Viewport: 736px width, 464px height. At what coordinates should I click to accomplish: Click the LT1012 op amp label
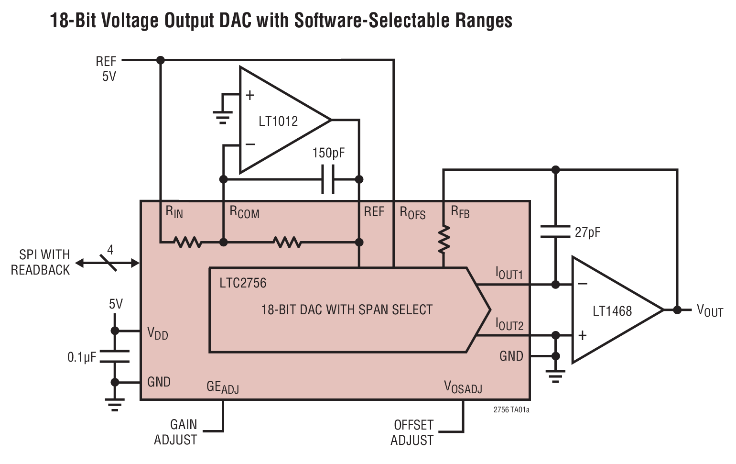point(278,121)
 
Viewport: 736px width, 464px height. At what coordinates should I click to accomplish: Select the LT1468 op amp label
point(612,311)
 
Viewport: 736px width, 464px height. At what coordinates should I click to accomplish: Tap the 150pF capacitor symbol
point(328,179)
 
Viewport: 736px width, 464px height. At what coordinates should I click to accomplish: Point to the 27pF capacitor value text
point(587,232)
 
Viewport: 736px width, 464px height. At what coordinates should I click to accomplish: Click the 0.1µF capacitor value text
point(82,357)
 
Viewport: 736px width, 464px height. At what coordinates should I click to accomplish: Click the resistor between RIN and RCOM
point(188,243)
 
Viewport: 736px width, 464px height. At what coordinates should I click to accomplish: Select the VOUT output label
point(709,311)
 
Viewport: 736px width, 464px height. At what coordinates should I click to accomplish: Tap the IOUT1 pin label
point(509,273)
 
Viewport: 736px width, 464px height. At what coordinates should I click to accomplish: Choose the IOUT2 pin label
point(509,325)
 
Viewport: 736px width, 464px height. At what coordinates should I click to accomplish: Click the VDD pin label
point(158,333)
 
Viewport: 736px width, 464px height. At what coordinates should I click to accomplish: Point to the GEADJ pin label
point(222,387)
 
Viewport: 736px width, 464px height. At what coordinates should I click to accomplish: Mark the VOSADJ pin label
point(463,387)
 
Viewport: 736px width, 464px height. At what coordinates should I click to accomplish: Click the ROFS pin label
point(412,213)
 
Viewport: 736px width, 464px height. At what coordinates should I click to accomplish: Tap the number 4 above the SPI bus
point(110,250)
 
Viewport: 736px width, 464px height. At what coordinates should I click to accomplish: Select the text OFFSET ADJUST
point(412,432)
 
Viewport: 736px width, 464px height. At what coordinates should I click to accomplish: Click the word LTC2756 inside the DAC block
point(243,283)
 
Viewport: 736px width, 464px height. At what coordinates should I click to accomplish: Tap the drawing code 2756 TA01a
point(511,409)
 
